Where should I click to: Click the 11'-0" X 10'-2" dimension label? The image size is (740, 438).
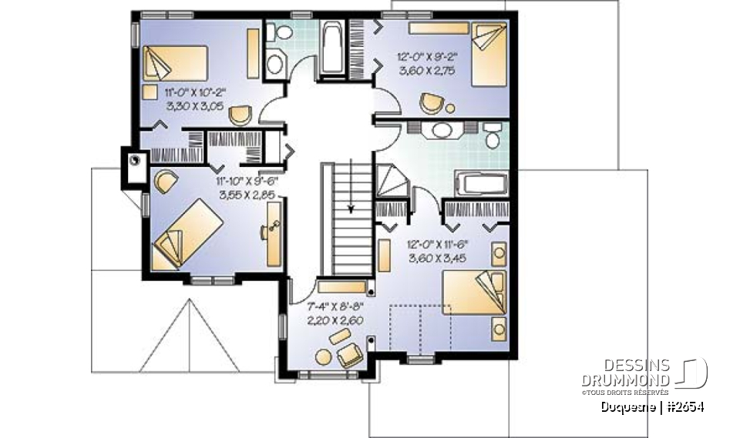(195, 92)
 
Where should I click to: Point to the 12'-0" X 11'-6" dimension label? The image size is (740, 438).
(438, 244)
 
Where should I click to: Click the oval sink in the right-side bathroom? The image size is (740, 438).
(442, 129)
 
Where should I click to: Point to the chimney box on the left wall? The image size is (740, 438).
(136, 162)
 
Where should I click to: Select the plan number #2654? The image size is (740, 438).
(684, 406)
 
